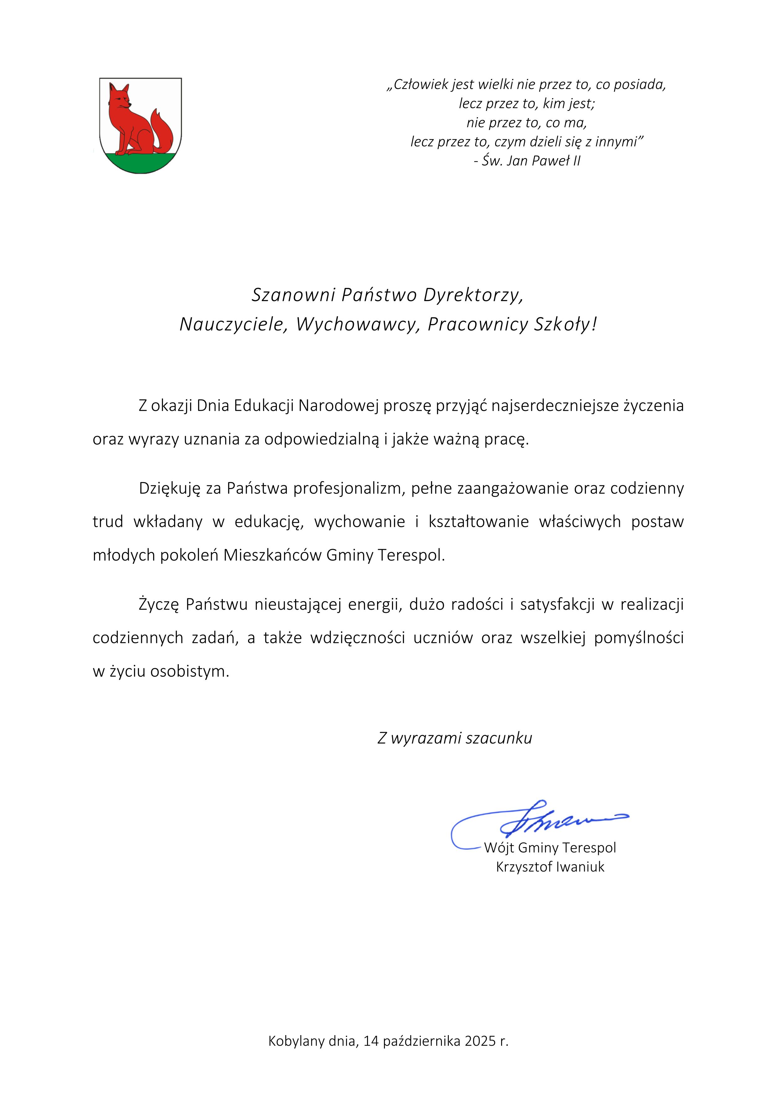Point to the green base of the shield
pyautogui.click(x=140, y=163)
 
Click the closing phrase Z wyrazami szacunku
pyautogui.click(x=454, y=738)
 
